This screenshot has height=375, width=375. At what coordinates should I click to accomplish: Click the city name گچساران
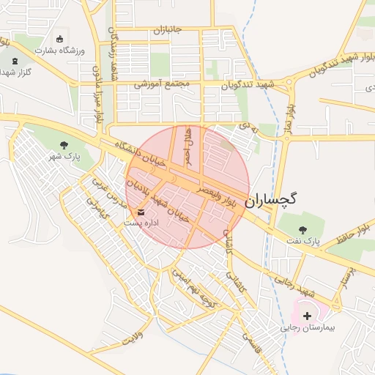click(272, 198)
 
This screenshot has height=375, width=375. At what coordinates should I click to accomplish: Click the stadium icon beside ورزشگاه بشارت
click(59, 38)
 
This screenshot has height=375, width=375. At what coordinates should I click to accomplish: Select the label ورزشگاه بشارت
click(60, 51)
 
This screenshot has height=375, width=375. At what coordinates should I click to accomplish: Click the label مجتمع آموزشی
click(162, 84)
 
